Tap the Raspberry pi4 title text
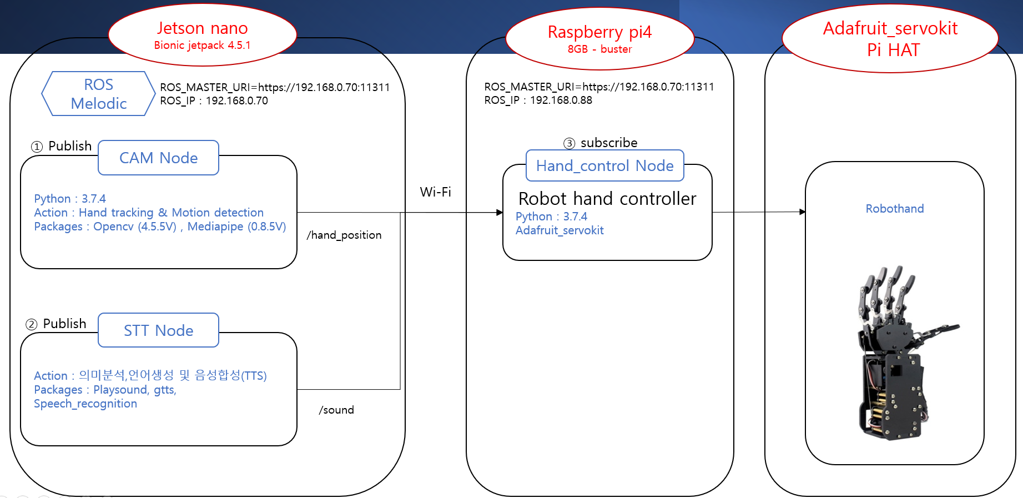coord(599,32)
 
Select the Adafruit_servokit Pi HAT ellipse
coord(890,39)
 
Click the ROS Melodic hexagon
coord(98,94)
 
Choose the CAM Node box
coord(158,158)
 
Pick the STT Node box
coord(158,331)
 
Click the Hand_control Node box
coord(604,166)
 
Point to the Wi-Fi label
coord(435,192)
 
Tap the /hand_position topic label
coord(344,235)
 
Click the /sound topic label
coord(336,410)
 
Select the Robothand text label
coord(894,209)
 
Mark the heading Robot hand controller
coord(607,199)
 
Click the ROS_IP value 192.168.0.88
coord(561,100)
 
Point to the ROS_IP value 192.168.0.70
coord(236,101)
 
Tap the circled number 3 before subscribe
coord(569,143)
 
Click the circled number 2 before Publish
coord(32,324)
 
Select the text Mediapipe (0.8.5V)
coord(236,227)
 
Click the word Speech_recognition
coord(85,404)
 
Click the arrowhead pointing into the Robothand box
coord(802,212)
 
